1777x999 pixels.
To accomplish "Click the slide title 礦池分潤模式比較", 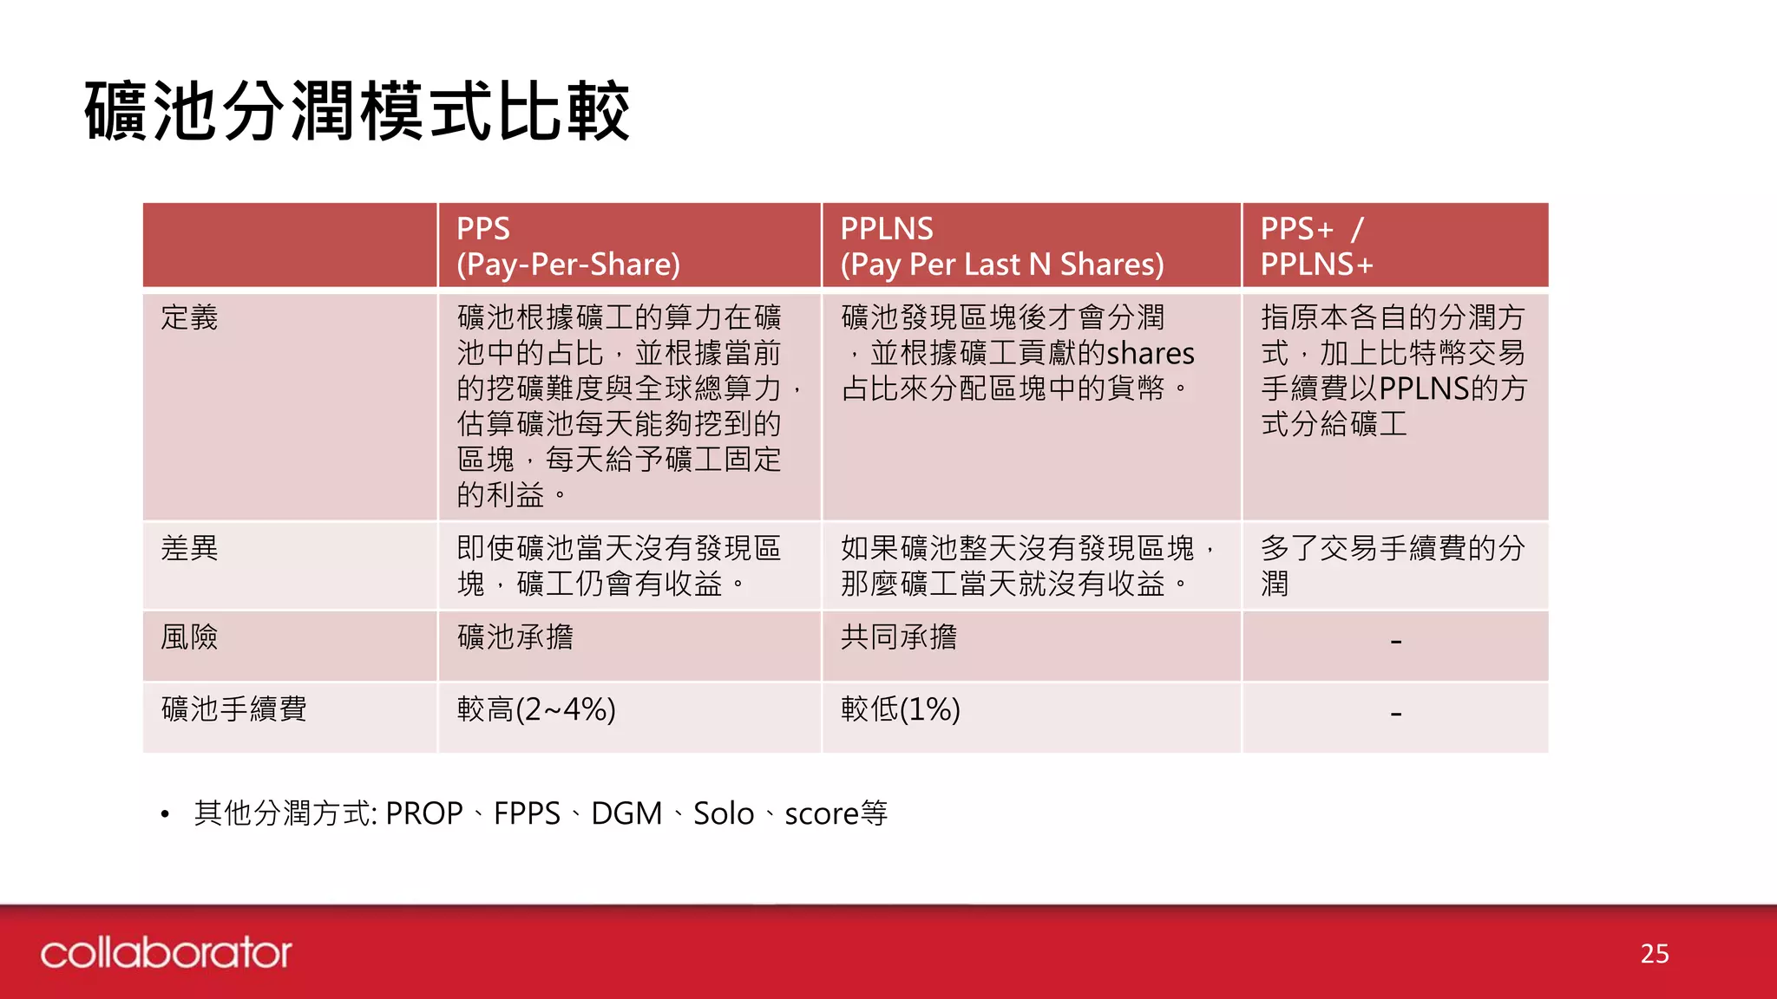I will point(357,111).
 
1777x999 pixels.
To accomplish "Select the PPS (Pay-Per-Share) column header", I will point(568,246).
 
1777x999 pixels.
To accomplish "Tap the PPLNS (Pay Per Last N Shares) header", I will point(1001,246).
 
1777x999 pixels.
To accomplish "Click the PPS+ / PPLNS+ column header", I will point(1316,246).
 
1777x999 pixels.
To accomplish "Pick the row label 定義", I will point(189,317).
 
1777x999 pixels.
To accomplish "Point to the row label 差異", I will point(189,548).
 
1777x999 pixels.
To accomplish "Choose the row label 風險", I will point(189,637).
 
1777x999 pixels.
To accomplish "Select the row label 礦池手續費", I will point(234,709).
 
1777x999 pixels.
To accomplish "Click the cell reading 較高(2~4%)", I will point(536,709).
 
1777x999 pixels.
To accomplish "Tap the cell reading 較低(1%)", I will point(900,709).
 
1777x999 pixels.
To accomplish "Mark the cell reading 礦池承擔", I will point(515,637).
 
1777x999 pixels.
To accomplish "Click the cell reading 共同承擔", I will point(899,637).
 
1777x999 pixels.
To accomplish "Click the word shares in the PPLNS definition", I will point(1151,354).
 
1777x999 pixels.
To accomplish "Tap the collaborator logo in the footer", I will point(166,953).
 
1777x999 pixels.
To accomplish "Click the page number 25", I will point(1655,954).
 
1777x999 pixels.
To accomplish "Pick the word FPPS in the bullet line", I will point(527,813).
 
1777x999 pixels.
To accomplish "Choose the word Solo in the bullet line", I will point(724,813).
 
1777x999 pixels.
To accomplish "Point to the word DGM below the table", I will point(626,813).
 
